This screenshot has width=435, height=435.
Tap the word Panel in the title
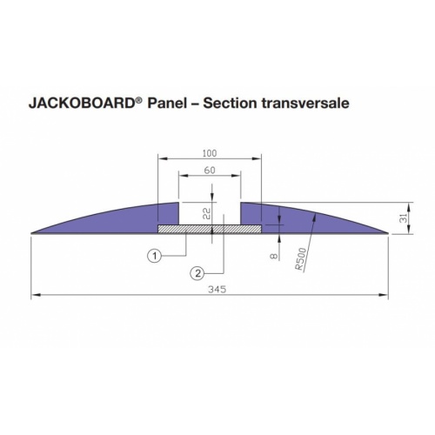[167, 103]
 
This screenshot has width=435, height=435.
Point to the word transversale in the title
[311, 103]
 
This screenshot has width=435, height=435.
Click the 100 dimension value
[209, 153]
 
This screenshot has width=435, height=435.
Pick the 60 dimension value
[209, 171]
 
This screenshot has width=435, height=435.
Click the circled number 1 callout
[153, 257]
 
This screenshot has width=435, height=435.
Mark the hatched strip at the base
[209, 229]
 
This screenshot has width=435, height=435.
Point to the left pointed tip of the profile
[33, 232]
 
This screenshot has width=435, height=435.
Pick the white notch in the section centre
[209, 213]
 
